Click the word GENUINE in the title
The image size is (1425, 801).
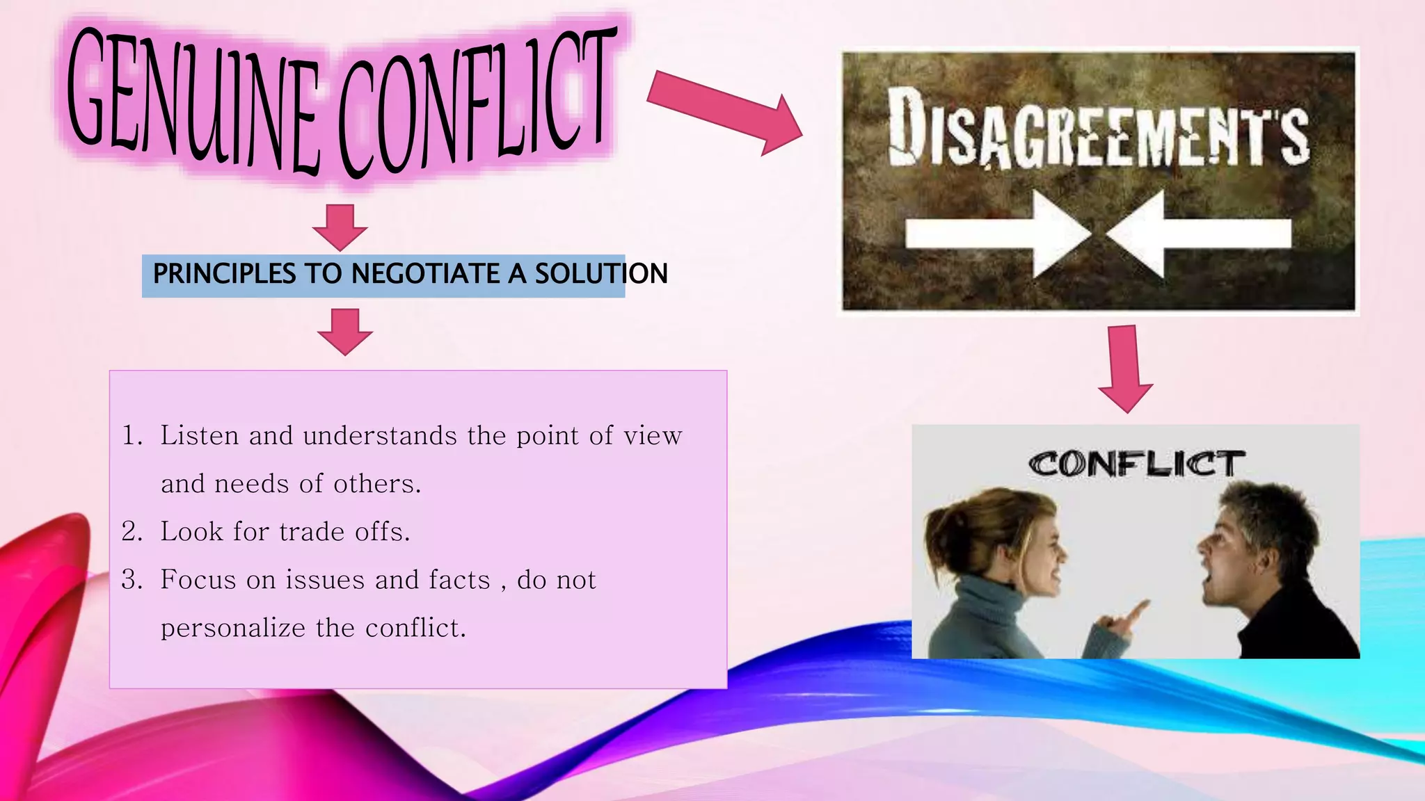(191, 101)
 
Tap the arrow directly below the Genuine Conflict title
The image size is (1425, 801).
(340, 226)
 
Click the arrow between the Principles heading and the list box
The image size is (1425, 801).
(345, 331)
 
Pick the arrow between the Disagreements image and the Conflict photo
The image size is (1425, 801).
(1125, 369)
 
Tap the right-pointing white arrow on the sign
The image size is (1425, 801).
(995, 234)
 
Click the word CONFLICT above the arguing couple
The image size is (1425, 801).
(1136, 464)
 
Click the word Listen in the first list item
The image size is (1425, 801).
(200, 436)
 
